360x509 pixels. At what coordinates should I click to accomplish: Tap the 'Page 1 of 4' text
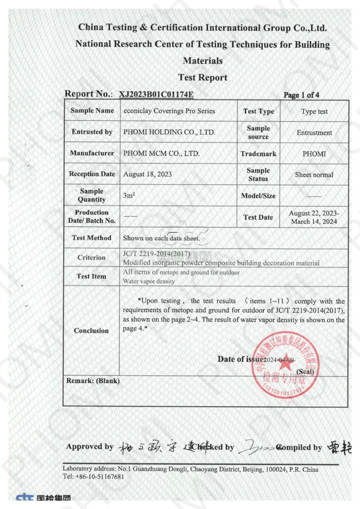coord(301,95)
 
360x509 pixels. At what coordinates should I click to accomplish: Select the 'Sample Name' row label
coord(92,110)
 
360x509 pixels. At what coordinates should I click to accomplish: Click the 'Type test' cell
coord(314,111)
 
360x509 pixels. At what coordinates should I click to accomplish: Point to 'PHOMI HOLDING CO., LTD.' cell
coord(169,132)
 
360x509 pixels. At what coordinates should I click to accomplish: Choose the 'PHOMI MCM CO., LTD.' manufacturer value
coord(162,154)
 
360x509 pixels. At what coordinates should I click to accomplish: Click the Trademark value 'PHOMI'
coord(314,154)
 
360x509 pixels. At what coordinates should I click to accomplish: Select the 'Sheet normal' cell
coord(314,174)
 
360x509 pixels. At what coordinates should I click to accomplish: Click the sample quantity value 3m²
coord(128,195)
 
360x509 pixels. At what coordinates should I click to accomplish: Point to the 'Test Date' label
coord(258,217)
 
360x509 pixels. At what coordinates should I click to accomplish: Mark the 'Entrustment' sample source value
coord(314,133)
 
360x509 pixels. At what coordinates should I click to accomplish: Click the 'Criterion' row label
coord(91,257)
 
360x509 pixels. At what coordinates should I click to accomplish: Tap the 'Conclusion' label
coord(91,331)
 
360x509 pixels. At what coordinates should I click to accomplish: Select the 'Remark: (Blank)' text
coord(93,381)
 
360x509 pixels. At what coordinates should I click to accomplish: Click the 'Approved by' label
coord(90,446)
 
